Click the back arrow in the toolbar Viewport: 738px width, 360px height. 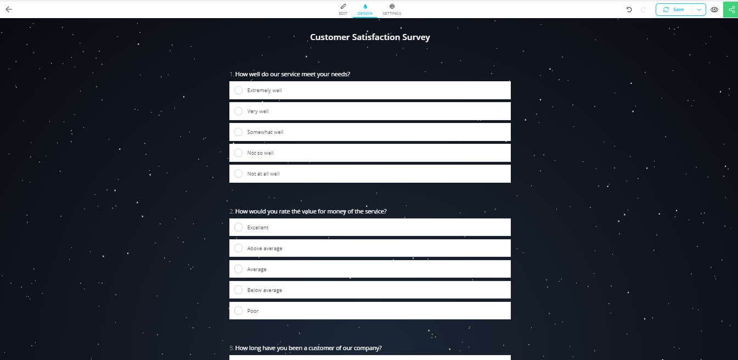tap(9, 9)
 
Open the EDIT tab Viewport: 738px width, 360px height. tap(343, 9)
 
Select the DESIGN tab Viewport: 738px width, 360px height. tap(365, 9)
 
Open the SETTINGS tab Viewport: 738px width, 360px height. tap(392, 9)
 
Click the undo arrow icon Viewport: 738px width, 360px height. tap(629, 9)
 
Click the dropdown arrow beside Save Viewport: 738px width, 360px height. tap(698, 9)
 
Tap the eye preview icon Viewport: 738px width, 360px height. tap(714, 9)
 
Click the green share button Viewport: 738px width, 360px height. tap(731, 9)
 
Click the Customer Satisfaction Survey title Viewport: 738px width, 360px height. tap(370, 37)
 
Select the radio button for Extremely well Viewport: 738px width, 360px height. tap(238, 91)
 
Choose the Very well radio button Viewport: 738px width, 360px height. tap(238, 111)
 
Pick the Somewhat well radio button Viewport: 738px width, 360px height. tap(238, 132)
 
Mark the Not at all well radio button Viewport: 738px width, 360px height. tap(238, 174)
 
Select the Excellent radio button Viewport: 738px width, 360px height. tap(238, 228)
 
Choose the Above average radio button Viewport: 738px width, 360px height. tap(238, 249)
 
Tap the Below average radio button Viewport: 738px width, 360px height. tap(238, 290)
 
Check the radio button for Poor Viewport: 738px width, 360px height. tap(238, 311)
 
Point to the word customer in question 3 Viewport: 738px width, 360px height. tap(314, 348)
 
